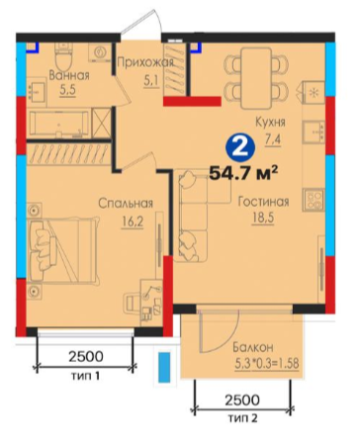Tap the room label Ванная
click(x=69, y=75)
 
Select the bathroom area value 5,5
click(x=68, y=90)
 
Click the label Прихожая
click(x=145, y=62)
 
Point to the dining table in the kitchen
click(x=256, y=78)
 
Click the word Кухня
click(x=270, y=123)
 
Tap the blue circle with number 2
click(x=240, y=148)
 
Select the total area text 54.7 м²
click(x=243, y=172)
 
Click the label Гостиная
click(x=264, y=202)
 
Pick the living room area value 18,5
click(x=263, y=219)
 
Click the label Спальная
click(x=126, y=203)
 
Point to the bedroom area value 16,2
click(x=132, y=222)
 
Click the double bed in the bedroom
click(x=64, y=250)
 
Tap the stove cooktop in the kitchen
click(x=314, y=200)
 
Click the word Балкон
click(x=253, y=347)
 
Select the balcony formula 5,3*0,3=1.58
click(x=267, y=364)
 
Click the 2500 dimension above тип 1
click(x=86, y=356)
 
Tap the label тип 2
click(x=242, y=418)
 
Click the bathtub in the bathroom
click(x=58, y=125)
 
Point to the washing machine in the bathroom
click(x=100, y=52)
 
